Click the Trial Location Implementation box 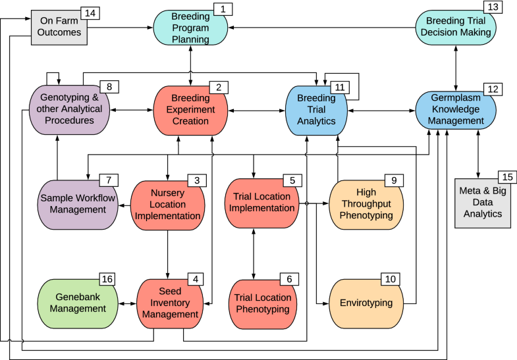coord(259,201)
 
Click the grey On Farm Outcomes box coord(59,27)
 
